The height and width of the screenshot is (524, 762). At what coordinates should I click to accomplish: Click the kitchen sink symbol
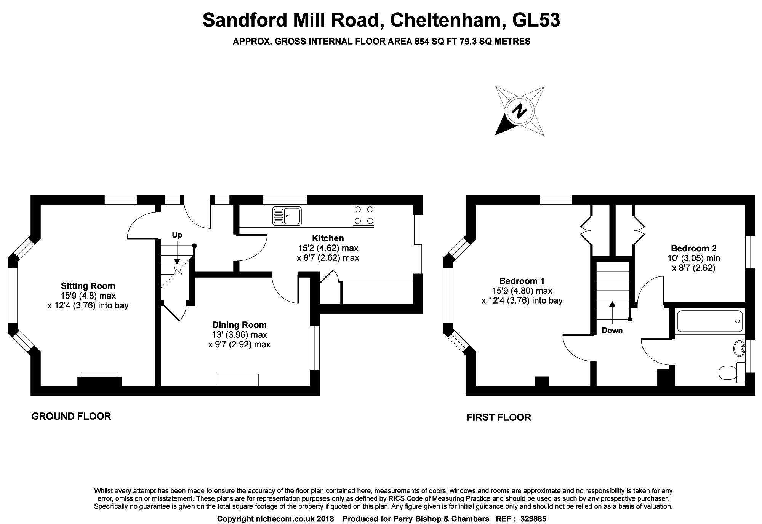[x=287, y=216]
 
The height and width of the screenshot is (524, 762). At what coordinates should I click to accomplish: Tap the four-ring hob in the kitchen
[x=363, y=215]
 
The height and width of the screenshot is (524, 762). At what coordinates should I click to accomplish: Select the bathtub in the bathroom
[x=709, y=320]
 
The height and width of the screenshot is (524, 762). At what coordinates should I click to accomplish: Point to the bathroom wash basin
[x=739, y=348]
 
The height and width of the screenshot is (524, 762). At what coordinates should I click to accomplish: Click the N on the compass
[x=519, y=111]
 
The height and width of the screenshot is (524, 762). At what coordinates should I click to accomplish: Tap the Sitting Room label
[x=88, y=286]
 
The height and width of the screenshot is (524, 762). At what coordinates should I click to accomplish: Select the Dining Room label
[x=239, y=325]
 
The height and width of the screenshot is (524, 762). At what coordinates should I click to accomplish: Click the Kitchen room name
[x=328, y=238]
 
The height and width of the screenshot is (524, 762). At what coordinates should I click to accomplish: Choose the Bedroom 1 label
[x=522, y=281]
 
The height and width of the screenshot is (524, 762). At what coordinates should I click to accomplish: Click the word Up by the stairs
[x=177, y=235]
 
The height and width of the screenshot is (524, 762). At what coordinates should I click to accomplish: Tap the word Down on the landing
[x=612, y=331]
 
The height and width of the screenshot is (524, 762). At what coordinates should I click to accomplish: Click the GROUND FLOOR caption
[x=71, y=416]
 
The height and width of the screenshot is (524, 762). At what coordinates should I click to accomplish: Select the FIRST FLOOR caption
[x=499, y=417]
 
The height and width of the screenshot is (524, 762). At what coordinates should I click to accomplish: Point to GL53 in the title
[x=536, y=20]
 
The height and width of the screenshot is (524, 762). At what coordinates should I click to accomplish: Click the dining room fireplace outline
[x=239, y=380]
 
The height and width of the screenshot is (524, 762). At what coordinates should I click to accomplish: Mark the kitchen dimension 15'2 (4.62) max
[x=328, y=248]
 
